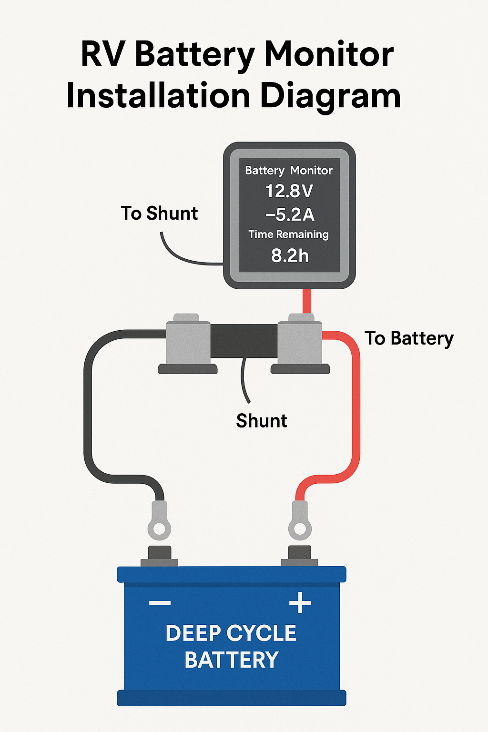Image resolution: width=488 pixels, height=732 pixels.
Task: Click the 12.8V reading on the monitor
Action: [x=289, y=191]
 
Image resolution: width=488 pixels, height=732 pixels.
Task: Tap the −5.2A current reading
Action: [x=290, y=214]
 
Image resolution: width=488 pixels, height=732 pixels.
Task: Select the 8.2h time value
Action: [x=290, y=256]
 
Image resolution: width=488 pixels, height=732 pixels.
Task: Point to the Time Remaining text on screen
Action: [x=288, y=234]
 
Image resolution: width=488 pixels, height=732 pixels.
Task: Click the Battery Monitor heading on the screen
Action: [x=289, y=171]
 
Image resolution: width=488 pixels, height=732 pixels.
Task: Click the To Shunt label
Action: [x=159, y=213]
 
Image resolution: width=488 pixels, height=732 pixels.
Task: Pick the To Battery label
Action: [x=409, y=338]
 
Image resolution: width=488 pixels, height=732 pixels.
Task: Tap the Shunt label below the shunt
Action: [x=262, y=421]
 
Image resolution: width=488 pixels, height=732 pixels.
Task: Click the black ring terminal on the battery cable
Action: [x=159, y=527]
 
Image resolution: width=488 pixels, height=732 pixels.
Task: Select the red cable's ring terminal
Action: [x=300, y=527]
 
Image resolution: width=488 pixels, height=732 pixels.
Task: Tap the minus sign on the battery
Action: [x=160, y=603]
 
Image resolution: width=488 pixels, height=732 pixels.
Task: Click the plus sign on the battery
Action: [x=300, y=603]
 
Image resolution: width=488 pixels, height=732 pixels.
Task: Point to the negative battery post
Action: [x=159, y=555]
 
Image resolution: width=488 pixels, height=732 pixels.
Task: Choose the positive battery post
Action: [x=300, y=555]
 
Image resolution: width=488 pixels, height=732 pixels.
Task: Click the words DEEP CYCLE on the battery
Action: [x=231, y=633]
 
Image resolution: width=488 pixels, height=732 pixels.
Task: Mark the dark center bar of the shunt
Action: [x=244, y=341]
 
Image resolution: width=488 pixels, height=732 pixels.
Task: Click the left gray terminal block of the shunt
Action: [x=188, y=342]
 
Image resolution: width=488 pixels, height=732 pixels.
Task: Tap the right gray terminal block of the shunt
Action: [x=300, y=342]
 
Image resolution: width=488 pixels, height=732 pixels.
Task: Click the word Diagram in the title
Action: [x=330, y=96]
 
